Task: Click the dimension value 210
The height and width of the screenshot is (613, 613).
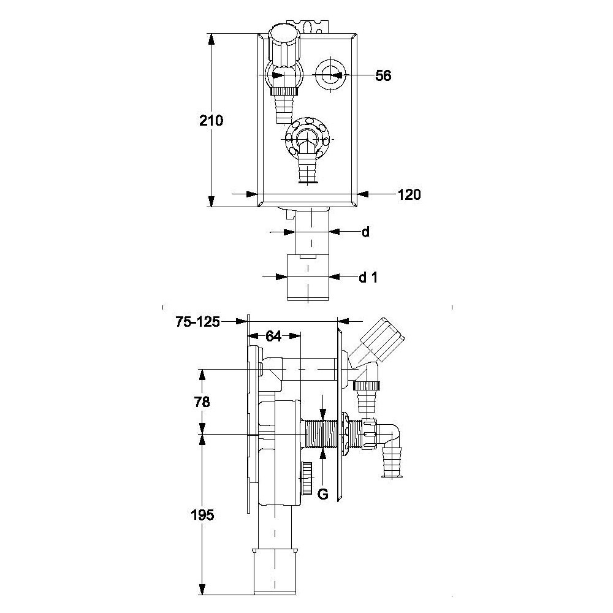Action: click(x=211, y=121)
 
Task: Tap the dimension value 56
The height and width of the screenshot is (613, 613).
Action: click(x=383, y=75)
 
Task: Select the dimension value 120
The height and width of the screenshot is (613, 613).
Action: click(x=409, y=194)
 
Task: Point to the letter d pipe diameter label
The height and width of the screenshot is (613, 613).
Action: click(x=365, y=232)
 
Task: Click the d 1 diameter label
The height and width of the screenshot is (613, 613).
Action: click(x=368, y=278)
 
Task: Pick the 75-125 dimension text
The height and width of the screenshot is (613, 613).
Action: click(x=198, y=322)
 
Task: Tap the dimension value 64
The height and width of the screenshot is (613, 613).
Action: click(x=273, y=336)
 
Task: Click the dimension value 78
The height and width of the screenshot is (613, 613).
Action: click(x=202, y=402)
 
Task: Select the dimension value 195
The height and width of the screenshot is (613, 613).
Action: click(x=202, y=516)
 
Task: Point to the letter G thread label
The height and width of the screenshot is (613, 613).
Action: click(x=322, y=495)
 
